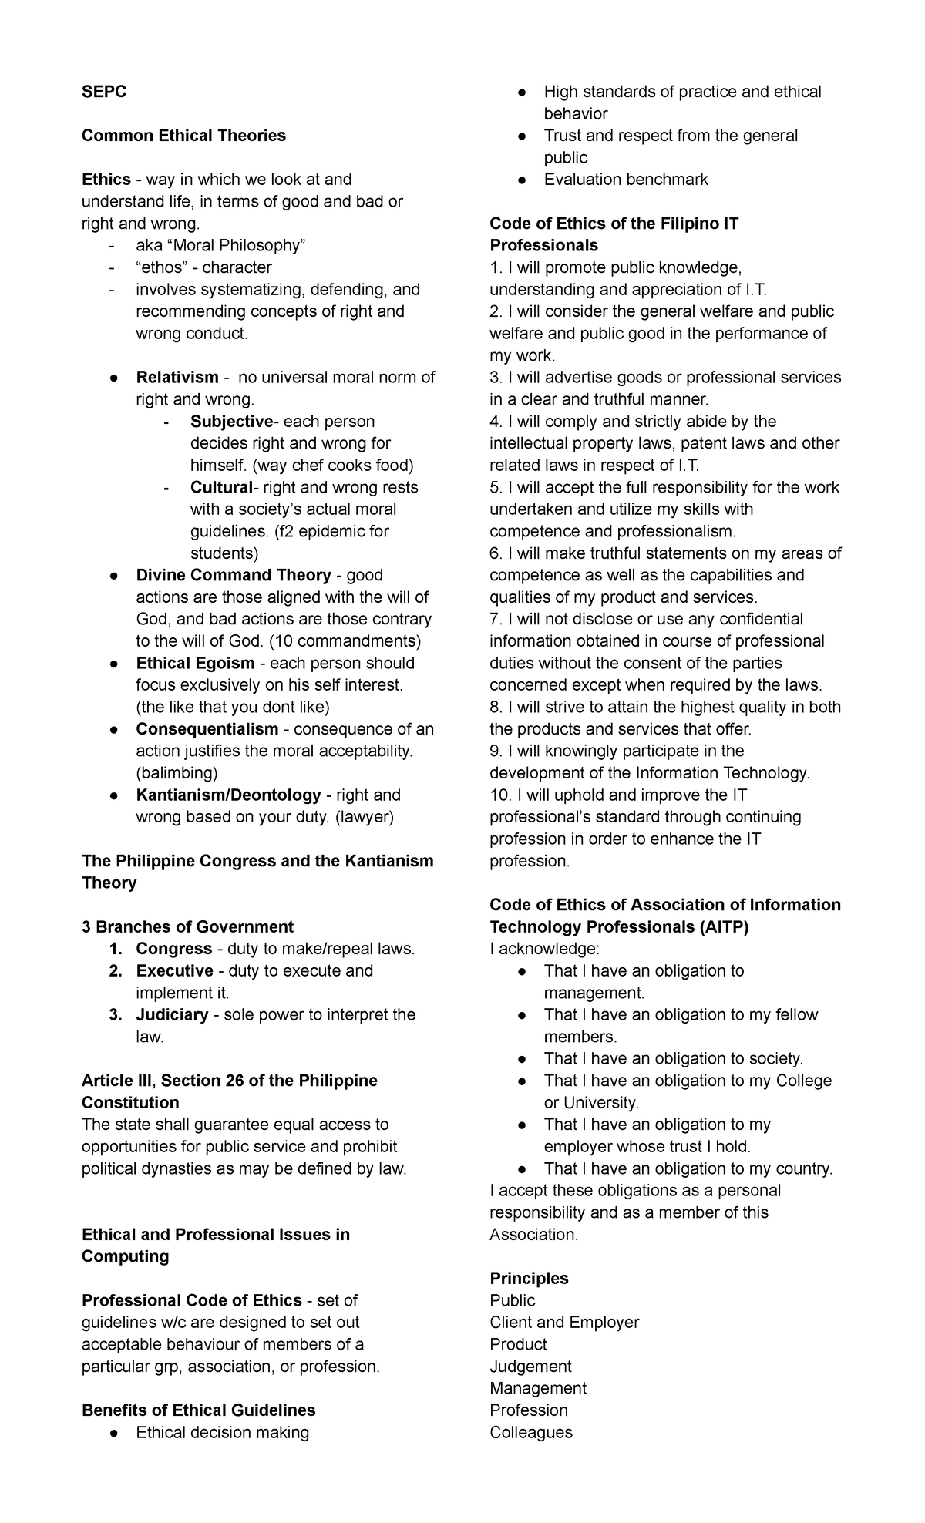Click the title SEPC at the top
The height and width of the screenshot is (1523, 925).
pos(104,92)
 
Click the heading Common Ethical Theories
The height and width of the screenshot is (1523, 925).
pos(183,136)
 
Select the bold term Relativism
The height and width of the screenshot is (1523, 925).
pos(177,378)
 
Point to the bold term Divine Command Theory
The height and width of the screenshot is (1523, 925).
pos(234,575)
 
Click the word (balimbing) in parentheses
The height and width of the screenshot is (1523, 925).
pos(177,773)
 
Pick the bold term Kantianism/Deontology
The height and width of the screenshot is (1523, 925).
pos(228,795)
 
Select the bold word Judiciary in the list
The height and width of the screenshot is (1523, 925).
pos(172,1014)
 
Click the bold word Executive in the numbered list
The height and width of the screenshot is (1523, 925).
pos(174,970)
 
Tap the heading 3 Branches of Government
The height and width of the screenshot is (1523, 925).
pos(187,926)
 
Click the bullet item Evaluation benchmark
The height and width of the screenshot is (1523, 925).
pos(625,180)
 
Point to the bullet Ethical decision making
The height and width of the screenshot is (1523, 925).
pos(222,1432)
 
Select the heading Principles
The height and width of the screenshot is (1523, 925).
pos(529,1278)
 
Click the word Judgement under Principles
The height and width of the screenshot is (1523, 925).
pos(530,1366)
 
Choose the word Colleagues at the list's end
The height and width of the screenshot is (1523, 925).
pos(530,1432)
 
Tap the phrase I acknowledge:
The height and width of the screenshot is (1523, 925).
pos(532,948)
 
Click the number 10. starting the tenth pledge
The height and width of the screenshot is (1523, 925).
pos(500,795)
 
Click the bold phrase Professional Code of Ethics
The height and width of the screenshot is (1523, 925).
pos(191,1300)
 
